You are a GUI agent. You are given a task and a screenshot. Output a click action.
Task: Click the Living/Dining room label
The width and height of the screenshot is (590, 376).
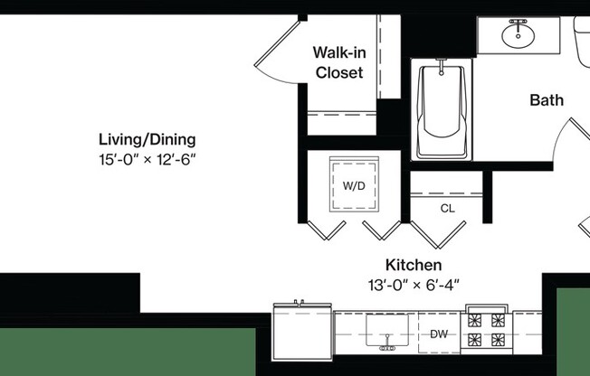tap(147, 140)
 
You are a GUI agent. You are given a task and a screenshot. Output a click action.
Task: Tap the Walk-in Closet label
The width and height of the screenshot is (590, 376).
tap(339, 62)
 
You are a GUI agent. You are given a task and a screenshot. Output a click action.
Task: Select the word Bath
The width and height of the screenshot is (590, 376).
tap(547, 100)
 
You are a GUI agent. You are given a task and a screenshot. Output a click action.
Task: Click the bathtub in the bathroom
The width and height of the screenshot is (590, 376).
tap(442, 110)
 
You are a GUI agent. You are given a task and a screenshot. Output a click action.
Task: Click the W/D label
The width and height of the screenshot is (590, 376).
tap(354, 186)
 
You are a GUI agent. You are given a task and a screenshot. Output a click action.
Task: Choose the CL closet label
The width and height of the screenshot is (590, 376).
tap(447, 209)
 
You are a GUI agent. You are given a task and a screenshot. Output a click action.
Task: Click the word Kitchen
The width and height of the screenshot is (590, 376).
tap(414, 265)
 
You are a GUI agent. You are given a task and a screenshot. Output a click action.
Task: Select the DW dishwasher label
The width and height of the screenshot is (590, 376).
tap(439, 334)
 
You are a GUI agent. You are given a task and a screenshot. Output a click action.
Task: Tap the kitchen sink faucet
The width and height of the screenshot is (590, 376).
tap(387, 345)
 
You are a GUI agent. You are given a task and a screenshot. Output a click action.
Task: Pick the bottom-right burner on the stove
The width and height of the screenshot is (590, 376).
tap(497, 341)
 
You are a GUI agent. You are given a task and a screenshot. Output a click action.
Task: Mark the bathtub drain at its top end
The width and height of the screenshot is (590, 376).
tap(442, 67)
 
